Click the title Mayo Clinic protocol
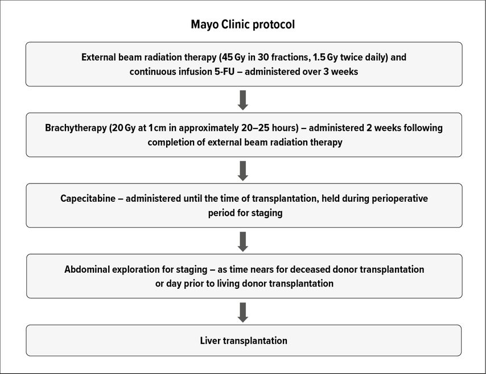pos(242,24)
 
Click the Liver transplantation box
pos(244,340)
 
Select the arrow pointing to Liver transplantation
pos(242,313)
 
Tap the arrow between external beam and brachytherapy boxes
pos(242,100)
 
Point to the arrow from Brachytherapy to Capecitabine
pos(242,171)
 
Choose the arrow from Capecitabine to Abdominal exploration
pos(242,242)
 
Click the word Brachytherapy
pos(76,128)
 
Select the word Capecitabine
pos(88,198)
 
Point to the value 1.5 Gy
pos(325,57)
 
